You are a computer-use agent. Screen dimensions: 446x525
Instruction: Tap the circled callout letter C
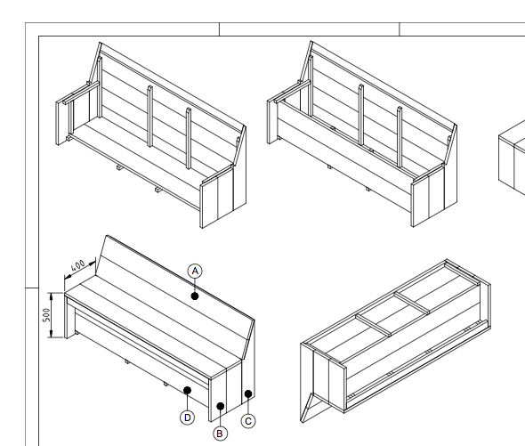pyautogui.click(x=248, y=419)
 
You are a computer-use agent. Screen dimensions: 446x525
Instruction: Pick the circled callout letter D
pyautogui.click(x=187, y=416)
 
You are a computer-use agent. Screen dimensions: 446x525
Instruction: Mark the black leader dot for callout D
pyautogui.click(x=187, y=390)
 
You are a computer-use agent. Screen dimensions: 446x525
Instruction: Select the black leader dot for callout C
pyautogui.click(x=248, y=393)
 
